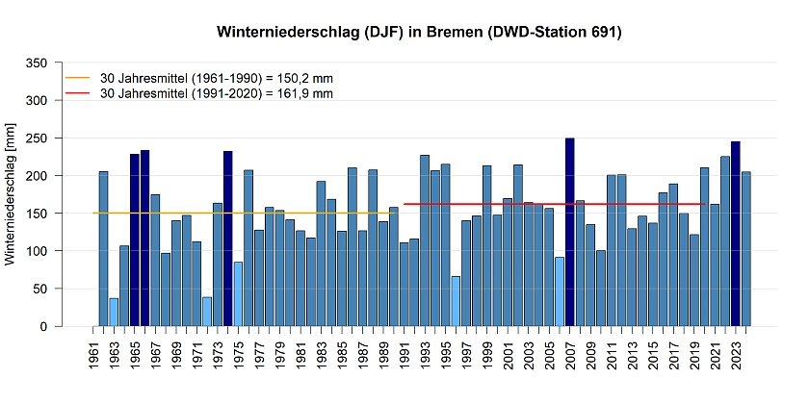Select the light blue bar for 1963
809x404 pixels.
tap(114, 312)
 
